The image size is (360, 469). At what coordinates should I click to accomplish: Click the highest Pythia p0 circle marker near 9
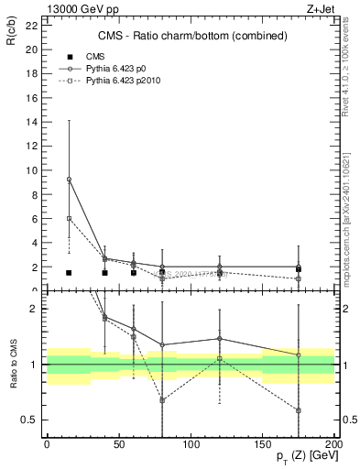(x=69, y=179)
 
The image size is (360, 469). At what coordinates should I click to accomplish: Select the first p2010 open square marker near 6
(x=69, y=218)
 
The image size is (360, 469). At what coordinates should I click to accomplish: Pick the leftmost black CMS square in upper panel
(x=69, y=273)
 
